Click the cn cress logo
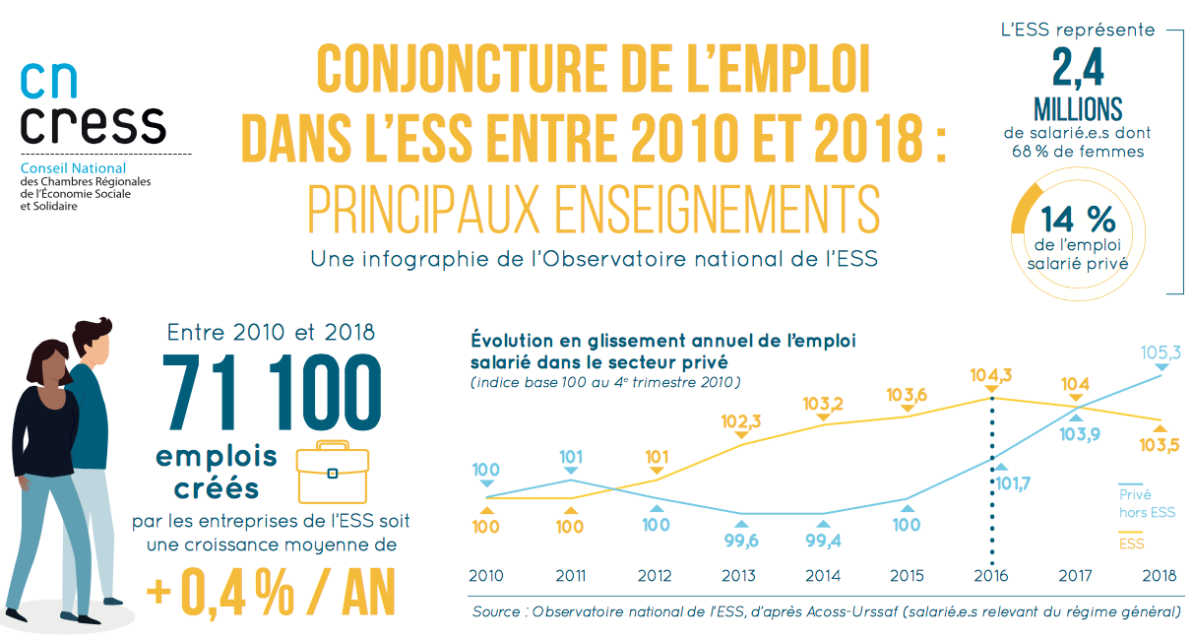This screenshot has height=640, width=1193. (93, 105)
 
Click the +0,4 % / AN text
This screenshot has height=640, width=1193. (272, 590)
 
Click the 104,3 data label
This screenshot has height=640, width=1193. (990, 375)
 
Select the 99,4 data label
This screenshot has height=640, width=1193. (823, 540)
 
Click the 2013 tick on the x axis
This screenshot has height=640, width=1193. (738, 576)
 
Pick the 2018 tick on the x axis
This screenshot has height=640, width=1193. (1159, 576)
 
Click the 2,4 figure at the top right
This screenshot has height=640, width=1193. (1078, 70)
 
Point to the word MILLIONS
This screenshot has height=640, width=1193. (1078, 109)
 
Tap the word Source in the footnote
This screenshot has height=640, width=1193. (498, 611)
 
